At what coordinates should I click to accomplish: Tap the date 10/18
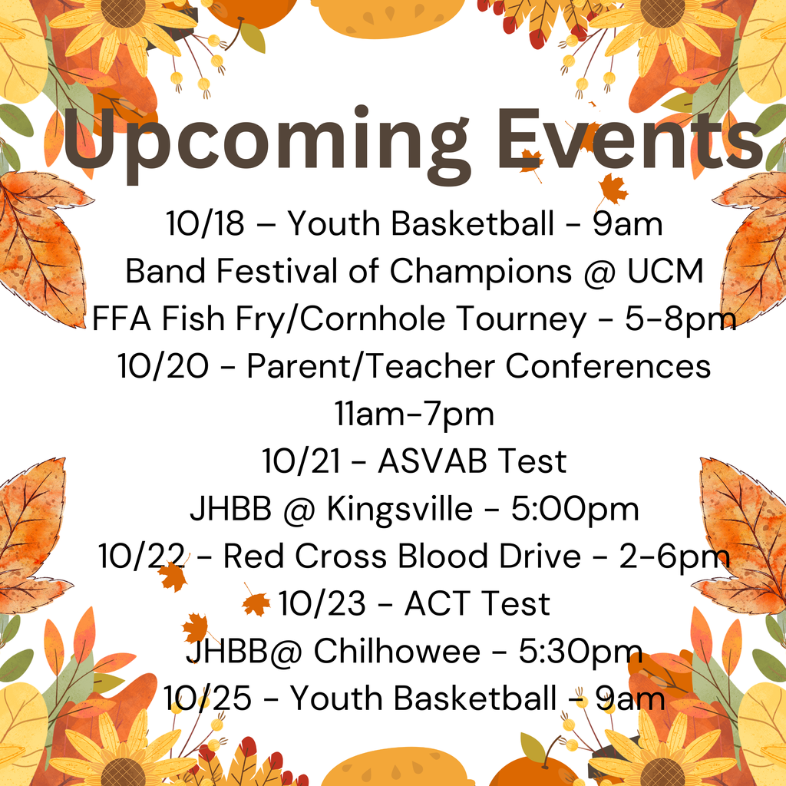pyautogui.click(x=205, y=224)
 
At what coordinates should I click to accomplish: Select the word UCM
pyautogui.click(x=665, y=271)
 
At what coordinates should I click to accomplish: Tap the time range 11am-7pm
pyautogui.click(x=414, y=414)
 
